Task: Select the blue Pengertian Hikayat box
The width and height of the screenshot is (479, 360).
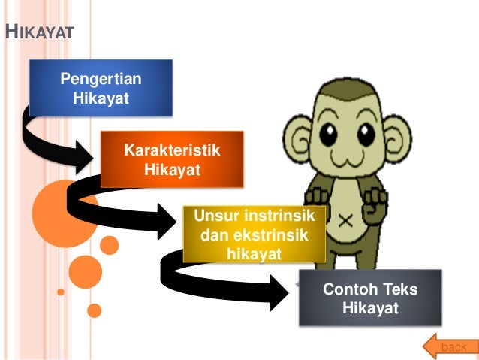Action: [x=101, y=88]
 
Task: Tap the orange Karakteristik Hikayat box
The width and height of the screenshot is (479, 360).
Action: [x=172, y=159]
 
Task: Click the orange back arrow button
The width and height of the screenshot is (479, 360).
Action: [x=448, y=346]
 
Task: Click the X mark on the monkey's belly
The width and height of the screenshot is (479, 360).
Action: [x=346, y=222]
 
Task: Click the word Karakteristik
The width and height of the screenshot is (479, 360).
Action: [x=172, y=150]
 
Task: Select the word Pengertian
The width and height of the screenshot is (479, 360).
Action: [x=101, y=80]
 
